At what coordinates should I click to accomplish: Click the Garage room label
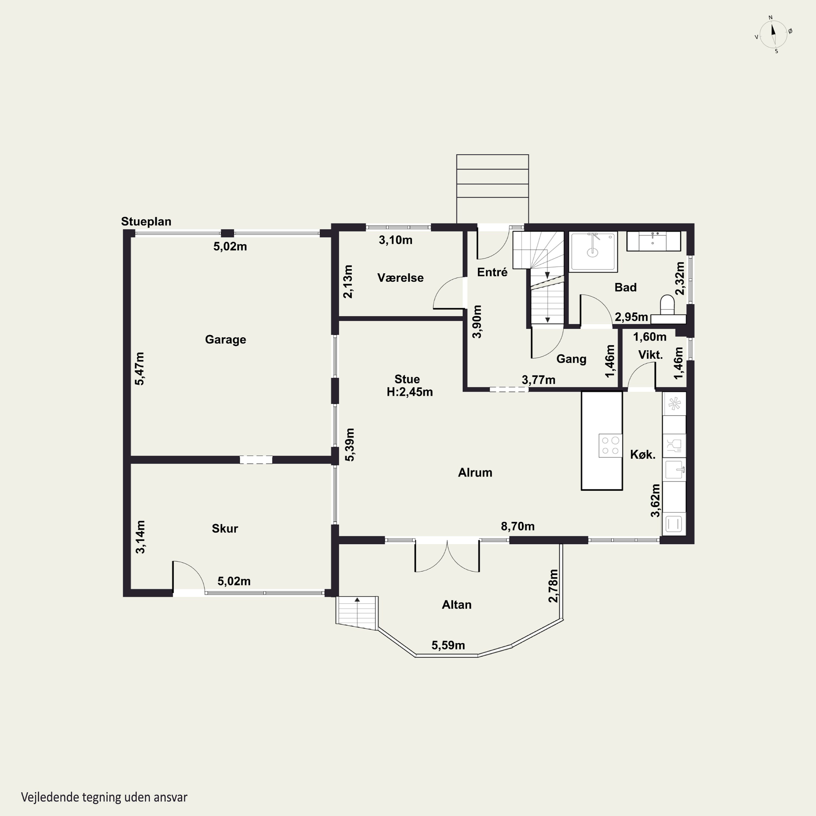click(225, 339)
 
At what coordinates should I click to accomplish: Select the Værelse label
click(400, 278)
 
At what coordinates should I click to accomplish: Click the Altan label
click(457, 605)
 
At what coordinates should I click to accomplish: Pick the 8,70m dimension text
click(518, 526)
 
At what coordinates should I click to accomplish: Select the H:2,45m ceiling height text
click(410, 392)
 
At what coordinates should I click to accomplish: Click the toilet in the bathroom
click(667, 305)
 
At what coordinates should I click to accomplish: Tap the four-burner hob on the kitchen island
click(610, 446)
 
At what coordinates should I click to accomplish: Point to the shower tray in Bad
click(594, 251)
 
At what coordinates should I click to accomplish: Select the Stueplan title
click(146, 221)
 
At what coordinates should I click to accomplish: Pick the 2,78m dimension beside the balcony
click(553, 586)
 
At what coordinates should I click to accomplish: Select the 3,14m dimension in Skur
click(140, 537)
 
